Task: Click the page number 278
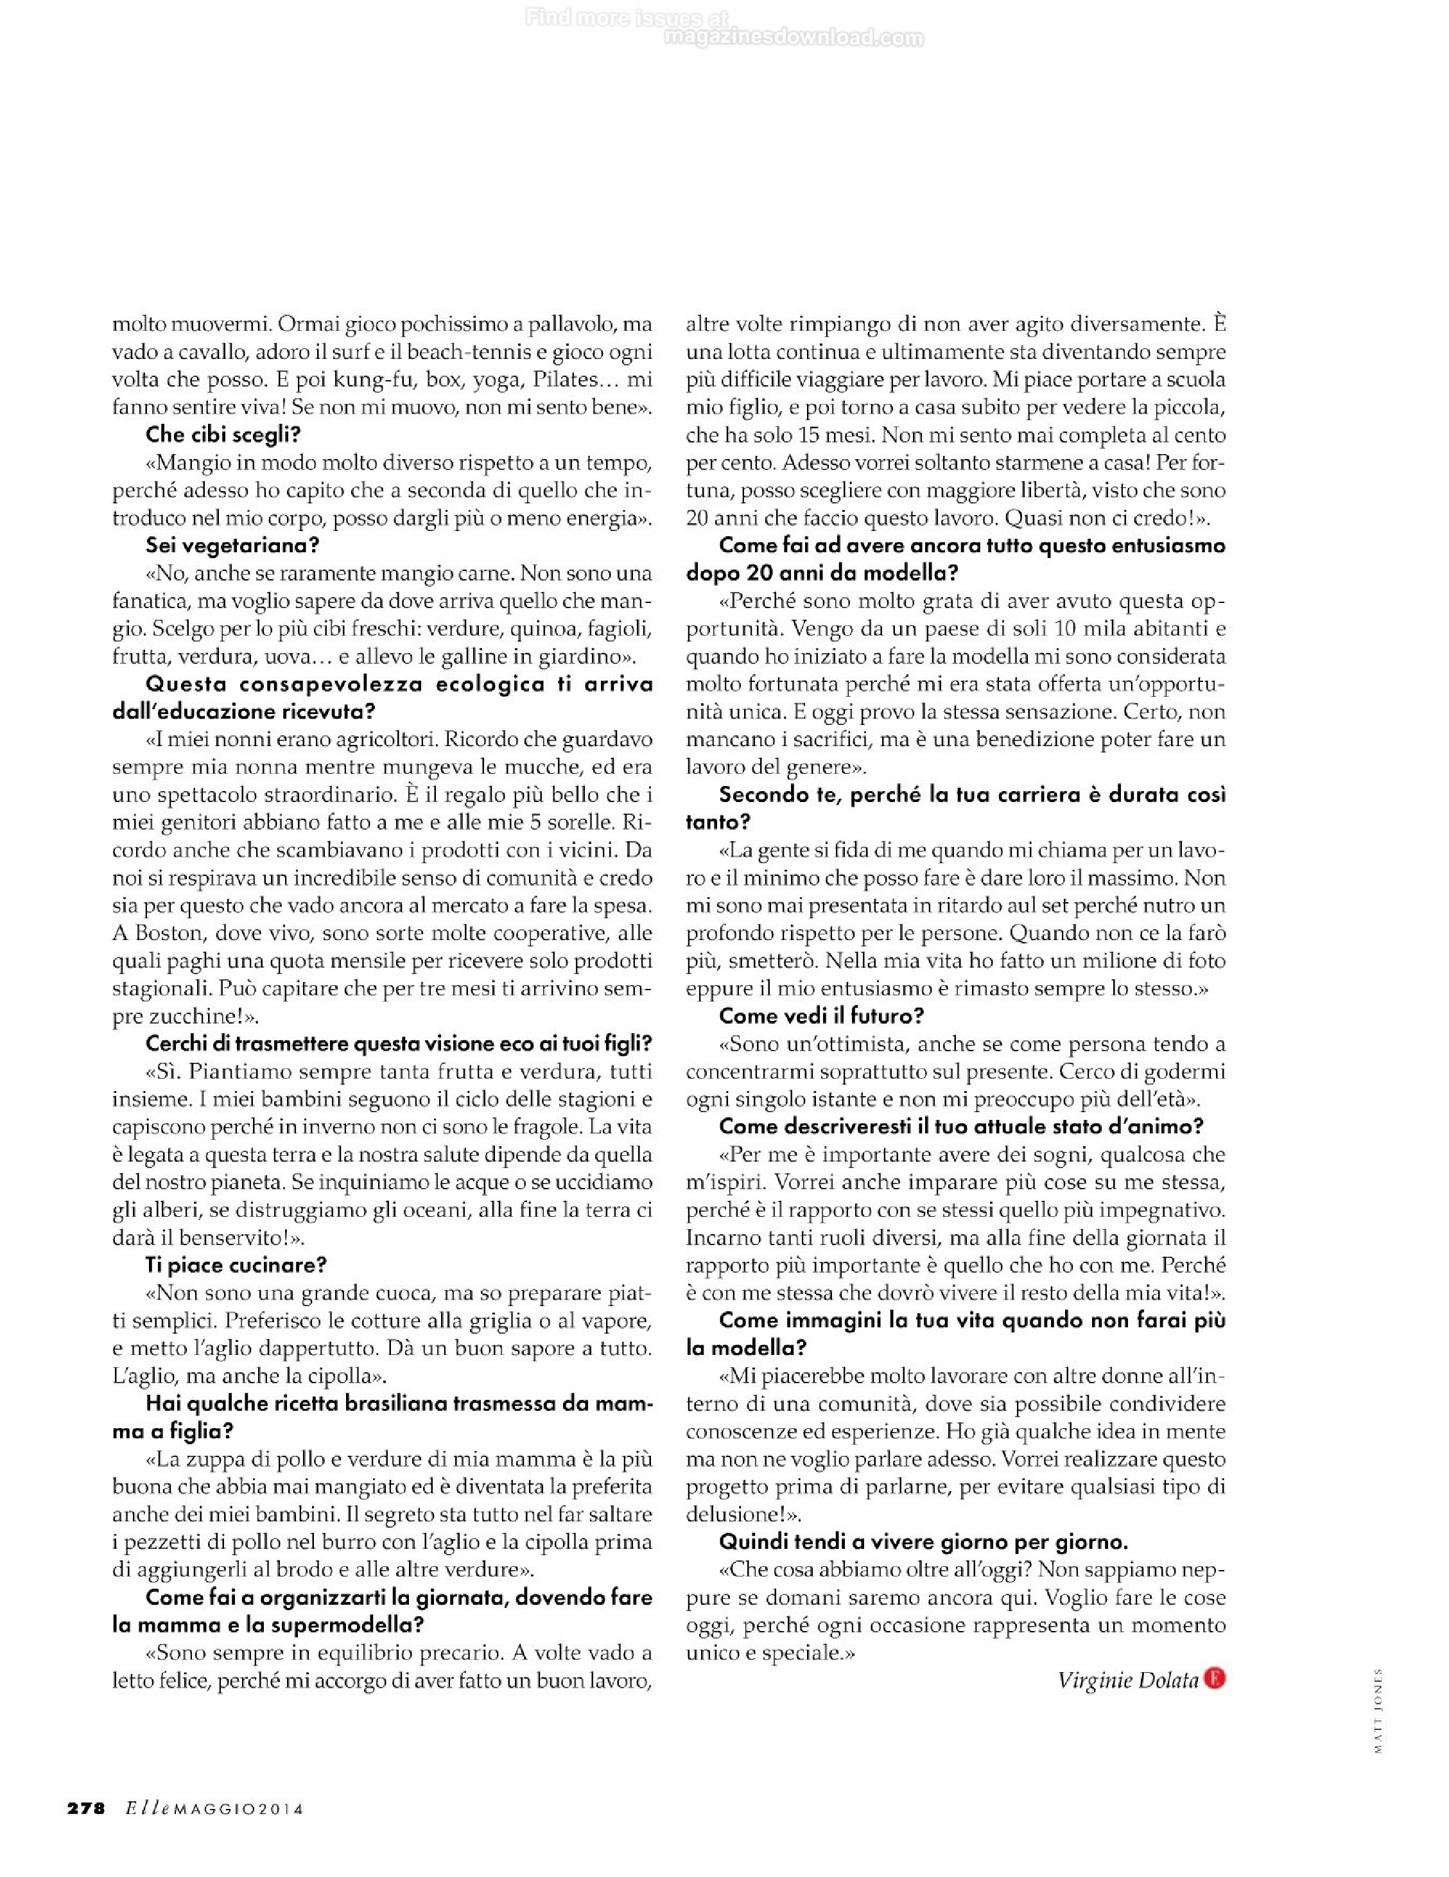pyautogui.click(x=86, y=1808)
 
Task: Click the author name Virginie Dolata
pyautogui.click(x=1127, y=1679)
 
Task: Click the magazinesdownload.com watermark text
pyautogui.click(x=795, y=38)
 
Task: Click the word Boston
pyautogui.click(x=170, y=932)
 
